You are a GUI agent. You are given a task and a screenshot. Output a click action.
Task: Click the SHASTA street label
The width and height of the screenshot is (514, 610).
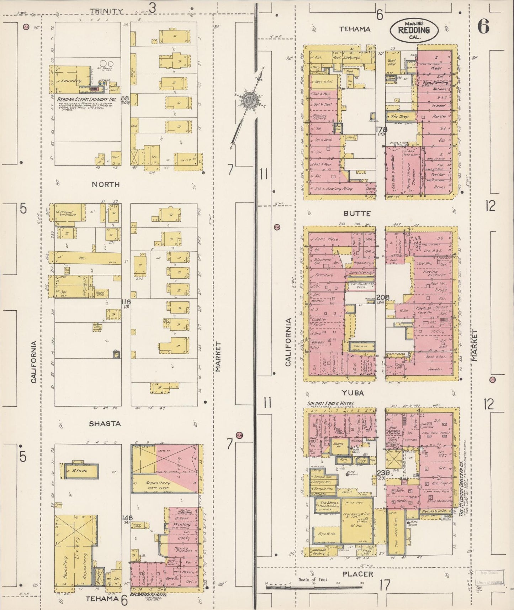coord(105,424)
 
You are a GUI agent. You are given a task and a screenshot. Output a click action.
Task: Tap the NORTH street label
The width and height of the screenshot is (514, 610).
coord(105,184)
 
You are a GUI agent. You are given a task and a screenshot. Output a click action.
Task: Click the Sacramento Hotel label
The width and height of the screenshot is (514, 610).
coord(148,595)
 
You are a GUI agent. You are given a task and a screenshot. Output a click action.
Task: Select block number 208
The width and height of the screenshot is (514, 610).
coord(383,297)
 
